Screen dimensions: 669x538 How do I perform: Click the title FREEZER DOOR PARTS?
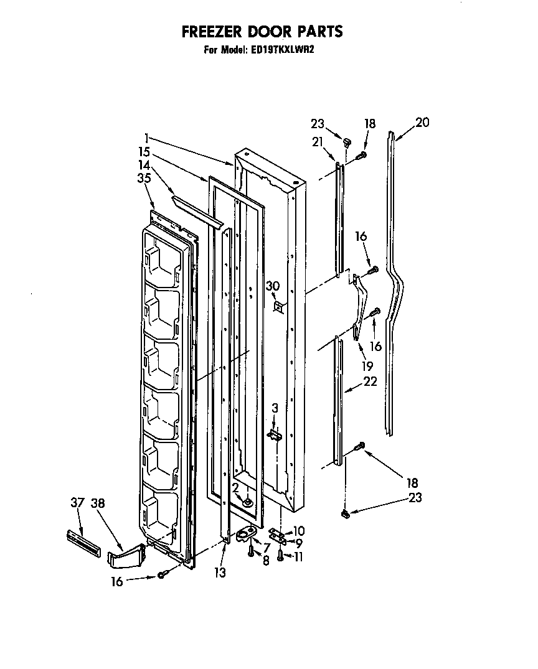pos(262,30)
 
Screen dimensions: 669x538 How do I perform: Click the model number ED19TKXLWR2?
pos(285,51)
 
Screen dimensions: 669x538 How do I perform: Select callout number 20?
pos(422,123)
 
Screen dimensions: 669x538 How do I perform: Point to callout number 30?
pos(271,286)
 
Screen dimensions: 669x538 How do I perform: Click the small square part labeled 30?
pos(280,306)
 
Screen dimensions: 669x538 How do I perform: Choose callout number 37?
pos(77,503)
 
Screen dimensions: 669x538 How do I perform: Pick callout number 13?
pos(219,572)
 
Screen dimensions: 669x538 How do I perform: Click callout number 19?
pos(367,366)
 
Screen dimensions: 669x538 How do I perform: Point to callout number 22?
pos(369,382)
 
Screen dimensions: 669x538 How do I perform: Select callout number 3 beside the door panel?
pos(275,408)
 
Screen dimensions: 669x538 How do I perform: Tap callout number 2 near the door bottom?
pos(235,487)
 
